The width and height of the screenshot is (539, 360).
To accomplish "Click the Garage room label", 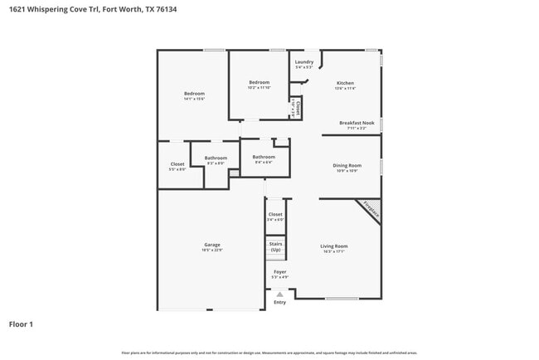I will click(x=213, y=246).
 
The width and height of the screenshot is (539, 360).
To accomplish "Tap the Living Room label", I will click(x=334, y=247).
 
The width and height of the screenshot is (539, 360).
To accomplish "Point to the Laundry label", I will click(x=304, y=63).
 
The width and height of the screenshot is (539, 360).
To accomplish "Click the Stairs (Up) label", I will click(x=275, y=247).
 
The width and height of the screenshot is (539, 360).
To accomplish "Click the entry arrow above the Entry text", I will click(x=279, y=294).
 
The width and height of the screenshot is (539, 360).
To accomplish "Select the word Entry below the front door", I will click(x=279, y=303).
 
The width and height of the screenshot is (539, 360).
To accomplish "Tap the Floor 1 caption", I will click(x=21, y=324).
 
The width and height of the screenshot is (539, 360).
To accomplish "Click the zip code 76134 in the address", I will click(x=166, y=9).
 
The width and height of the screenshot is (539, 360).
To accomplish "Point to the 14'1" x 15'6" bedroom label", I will click(x=194, y=95).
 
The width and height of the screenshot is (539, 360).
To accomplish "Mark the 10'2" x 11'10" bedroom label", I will click(x=260, y=84).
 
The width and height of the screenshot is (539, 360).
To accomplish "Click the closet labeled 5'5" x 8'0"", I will click(x=177, y=166).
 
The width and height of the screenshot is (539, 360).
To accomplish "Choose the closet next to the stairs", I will click(x=275, y=216).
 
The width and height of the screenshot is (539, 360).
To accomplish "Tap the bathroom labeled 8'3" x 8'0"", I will click(x=216, y=159).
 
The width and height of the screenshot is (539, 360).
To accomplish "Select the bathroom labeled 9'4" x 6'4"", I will click(x=264, y=158).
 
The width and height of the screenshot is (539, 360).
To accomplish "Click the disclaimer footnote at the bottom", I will click(x=269, y=353).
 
